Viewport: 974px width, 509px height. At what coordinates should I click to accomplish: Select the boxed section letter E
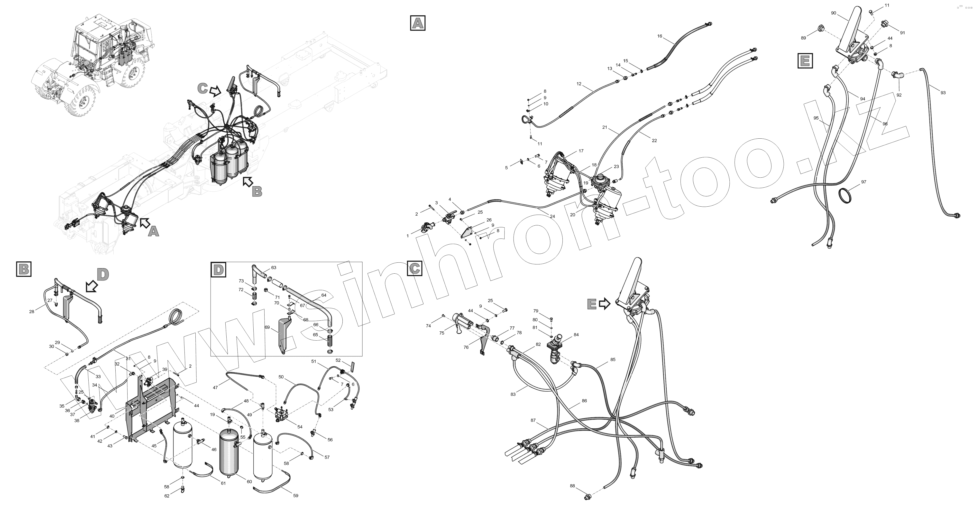tap(805, 61)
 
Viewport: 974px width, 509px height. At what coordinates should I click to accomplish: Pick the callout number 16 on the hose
tap(660, 36)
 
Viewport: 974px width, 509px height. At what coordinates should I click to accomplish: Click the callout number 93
tap(943, 93)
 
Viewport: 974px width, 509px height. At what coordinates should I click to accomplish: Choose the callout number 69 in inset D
tap(267, 327)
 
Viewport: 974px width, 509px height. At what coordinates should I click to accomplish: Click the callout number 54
tap(300, 427)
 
